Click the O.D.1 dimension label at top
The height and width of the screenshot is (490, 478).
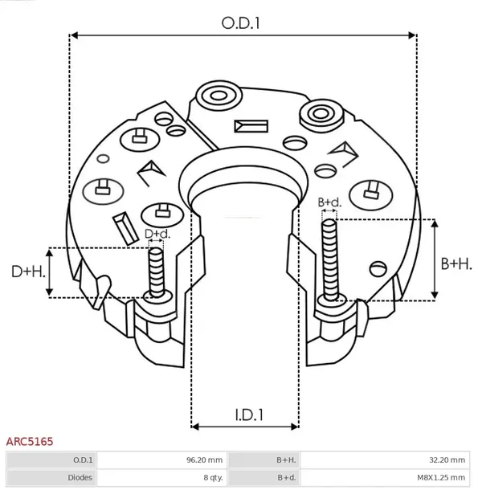(x=242, y=23)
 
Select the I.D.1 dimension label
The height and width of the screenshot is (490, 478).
(x=250, y=415)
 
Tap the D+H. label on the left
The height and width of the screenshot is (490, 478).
(x=27, y=272)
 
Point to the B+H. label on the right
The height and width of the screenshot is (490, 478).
(x=456, y=263)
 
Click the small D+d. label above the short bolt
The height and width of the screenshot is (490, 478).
(x=157, y=234)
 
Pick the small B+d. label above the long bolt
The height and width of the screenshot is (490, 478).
(x=329, y=202)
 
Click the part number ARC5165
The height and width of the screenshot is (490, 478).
(x=30, y=442)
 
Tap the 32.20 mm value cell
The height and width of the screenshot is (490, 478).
(x=445, y=460)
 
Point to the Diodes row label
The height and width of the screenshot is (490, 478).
(x=80, y=478)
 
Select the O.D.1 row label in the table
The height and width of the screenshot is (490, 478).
(x=83, y=460)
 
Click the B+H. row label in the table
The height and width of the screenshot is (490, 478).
(x=286, y=460)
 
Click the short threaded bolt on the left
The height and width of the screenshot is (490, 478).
(x=157, y=273)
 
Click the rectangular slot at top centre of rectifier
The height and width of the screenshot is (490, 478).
(x=251, y=126)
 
